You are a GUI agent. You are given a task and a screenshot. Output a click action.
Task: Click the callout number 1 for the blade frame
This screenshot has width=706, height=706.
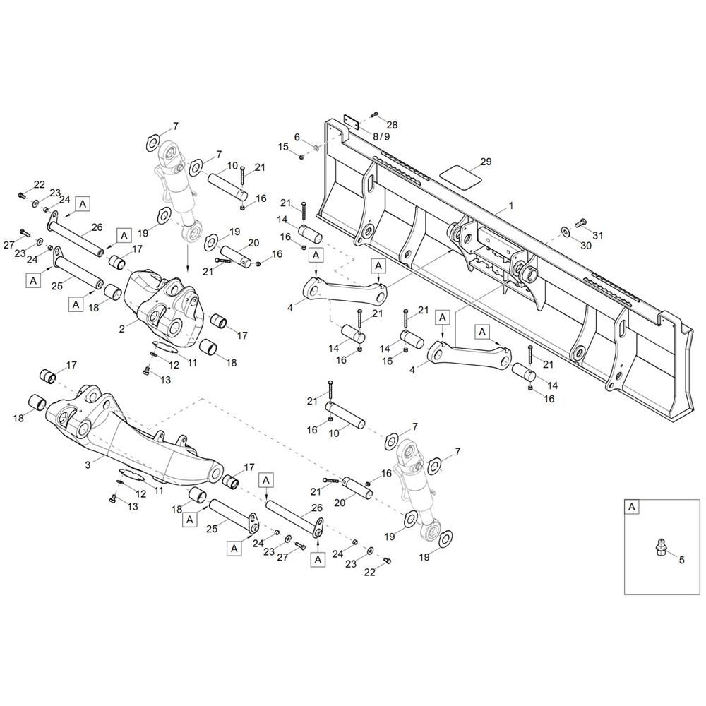(x=510, y=205)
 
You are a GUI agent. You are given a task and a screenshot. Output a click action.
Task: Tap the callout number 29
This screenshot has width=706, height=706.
(x=486, y=162)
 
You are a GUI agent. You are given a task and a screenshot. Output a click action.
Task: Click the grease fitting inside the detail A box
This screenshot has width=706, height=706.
(x=659, y=544)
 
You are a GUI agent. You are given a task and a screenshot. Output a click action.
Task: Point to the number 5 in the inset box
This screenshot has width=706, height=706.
(x=681, y=560)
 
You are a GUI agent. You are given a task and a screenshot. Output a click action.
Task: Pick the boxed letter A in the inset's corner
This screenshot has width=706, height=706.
(x=632, y=507)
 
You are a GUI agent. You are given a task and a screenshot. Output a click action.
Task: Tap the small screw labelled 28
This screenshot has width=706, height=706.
(x=375, y=116)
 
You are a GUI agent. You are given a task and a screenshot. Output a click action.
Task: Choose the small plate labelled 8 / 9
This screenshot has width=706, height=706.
(x=351, y=121)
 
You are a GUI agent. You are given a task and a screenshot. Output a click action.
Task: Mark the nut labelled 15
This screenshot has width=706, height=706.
(x=302, y=156)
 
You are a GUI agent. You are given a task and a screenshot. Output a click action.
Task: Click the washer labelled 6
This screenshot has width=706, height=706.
(x=316, y=148)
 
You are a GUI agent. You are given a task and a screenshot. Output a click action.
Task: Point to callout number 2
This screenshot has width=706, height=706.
(x=122, y=329)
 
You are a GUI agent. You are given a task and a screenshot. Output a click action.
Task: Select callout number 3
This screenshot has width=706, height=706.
(x=88, y=465)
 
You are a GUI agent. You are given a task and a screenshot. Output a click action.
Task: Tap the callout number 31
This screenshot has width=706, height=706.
(x=597, y=236)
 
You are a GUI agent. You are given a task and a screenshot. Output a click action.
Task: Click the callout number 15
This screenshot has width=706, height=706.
(x=283, y=147)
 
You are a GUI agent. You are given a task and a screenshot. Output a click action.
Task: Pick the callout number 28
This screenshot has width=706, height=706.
(x=392, y=125)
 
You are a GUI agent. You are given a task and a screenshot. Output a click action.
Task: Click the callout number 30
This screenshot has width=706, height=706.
(x=585, y=246)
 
